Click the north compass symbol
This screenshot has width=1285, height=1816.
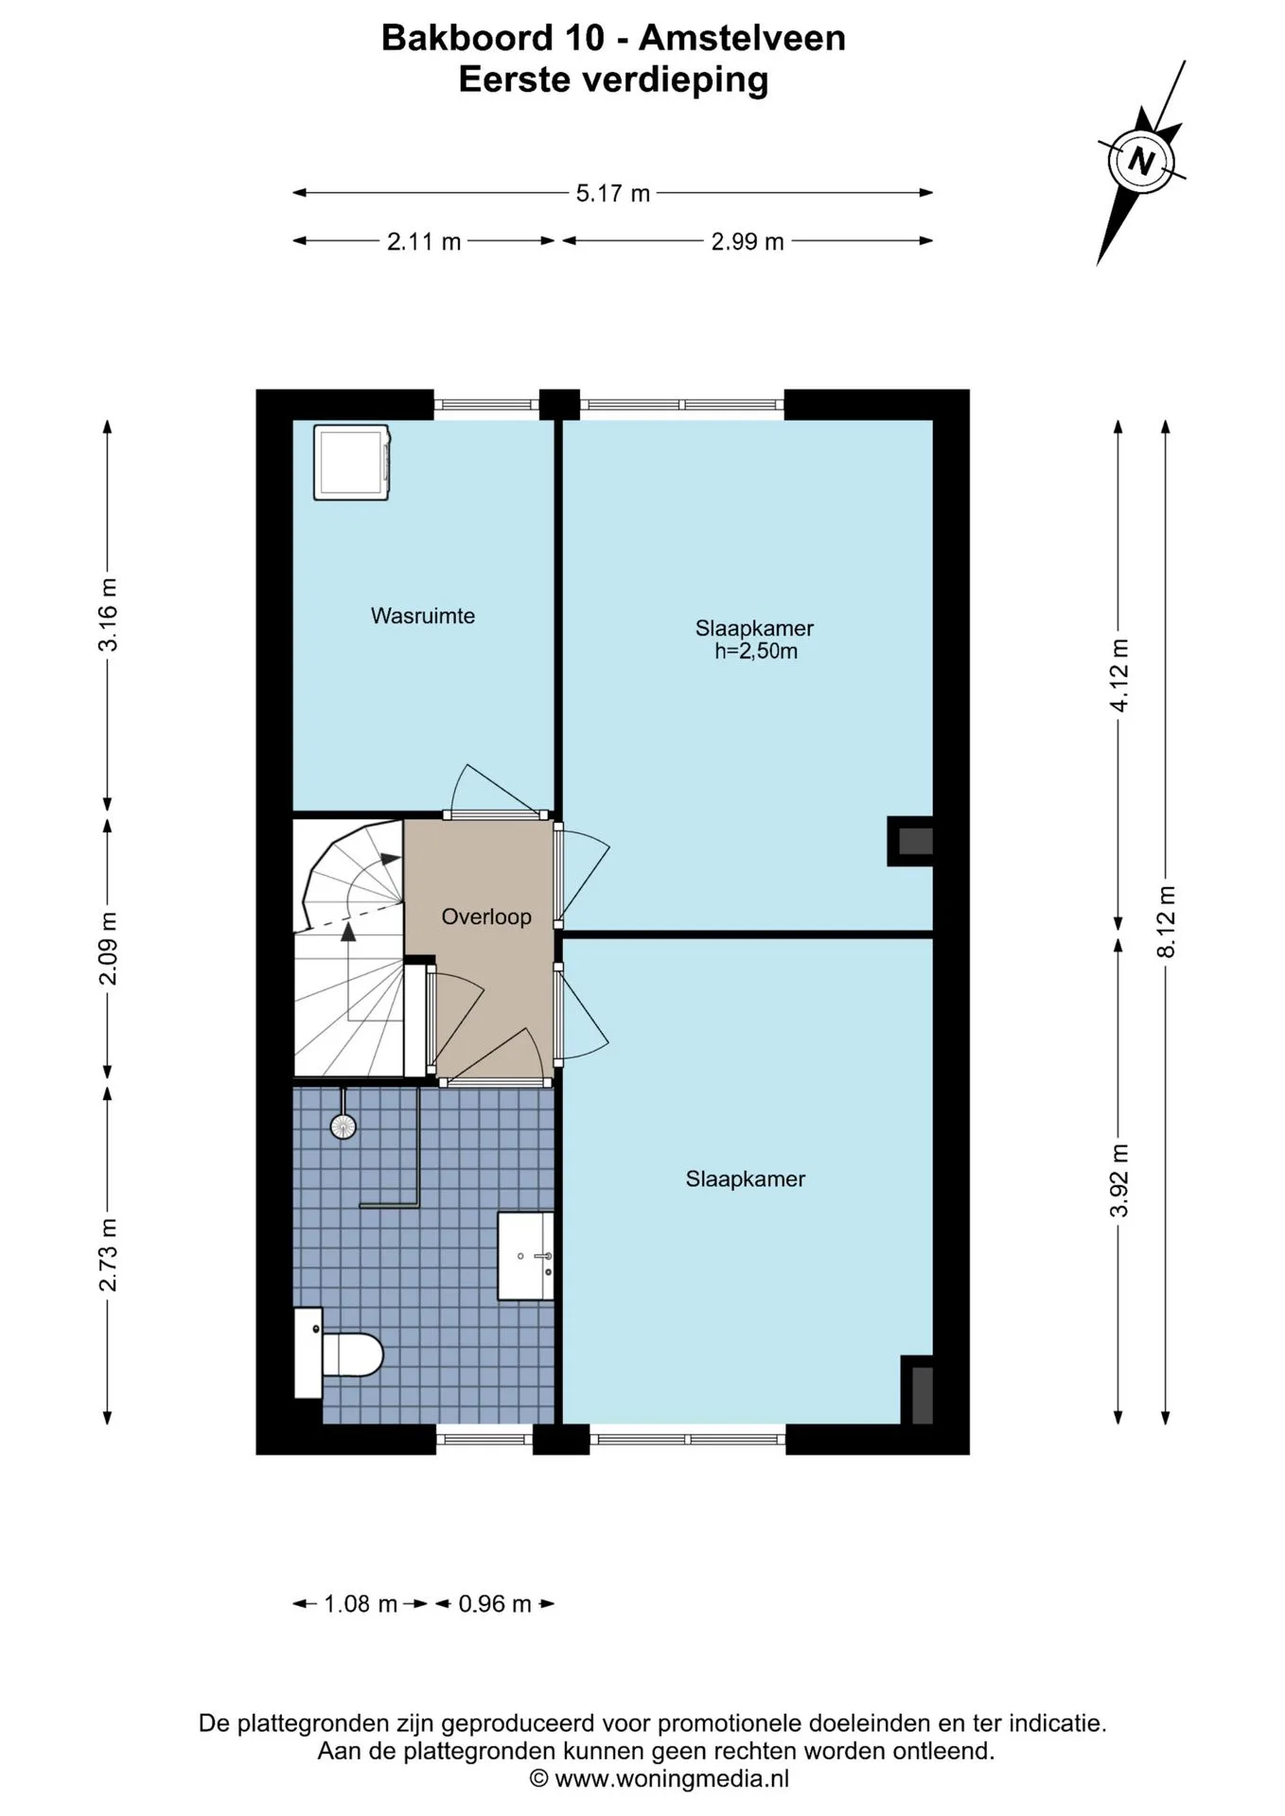[1142, 161]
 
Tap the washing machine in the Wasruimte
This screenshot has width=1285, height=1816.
[353, 463]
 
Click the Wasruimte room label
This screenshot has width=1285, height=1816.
[423, 616]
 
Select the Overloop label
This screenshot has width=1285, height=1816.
[486, 917]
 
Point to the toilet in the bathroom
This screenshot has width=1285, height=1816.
[338, 1353]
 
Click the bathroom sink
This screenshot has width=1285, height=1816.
[526, 1257]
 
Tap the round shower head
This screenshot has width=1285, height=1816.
[343, 1126]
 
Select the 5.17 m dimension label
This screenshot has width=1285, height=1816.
[613, 194]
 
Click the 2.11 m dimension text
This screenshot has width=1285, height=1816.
[424, 242]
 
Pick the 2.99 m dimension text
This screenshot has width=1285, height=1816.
[748, 242]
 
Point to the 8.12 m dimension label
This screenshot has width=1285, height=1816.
[1167, 921]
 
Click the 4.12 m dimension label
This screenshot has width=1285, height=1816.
[1119, 675]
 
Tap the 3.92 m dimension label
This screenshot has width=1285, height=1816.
[1119, 1180]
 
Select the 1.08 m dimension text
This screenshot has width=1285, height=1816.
[361, 1604]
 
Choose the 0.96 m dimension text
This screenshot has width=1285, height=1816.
[495, 1604]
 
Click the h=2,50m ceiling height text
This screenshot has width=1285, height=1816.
[756, 652]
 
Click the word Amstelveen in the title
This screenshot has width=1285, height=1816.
[742, 38]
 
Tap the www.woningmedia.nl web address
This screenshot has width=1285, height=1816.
[671, 1779]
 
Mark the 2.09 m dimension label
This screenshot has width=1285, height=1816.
[109, 948]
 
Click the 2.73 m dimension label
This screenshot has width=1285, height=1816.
[109, 1255]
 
